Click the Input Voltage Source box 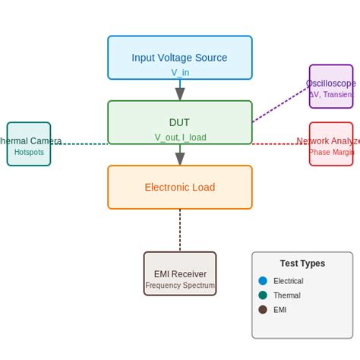[x=180, y=57]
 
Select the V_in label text [x=180, y=72]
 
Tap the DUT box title [x=179, y=122]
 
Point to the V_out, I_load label [x=180, y=137]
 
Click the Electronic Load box [x=180, y=187]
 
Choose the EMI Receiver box [x=180, y=273]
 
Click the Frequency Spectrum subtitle [x=180, y=286]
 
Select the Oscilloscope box [x=331, y=86]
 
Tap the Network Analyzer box [x=331, y=144]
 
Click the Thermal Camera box [x=29, y=144]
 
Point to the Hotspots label [x=29, y=152]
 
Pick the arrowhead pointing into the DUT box [x=180, y=94]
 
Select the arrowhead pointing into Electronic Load [x=180, y=159]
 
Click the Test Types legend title [x=302, y=264]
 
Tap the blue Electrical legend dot [x=263, y=280]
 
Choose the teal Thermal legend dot [x=263, y=295]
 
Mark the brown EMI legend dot [x=263, y=309]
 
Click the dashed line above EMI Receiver [x=180, y=230]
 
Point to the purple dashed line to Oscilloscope [x=281, y=104]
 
